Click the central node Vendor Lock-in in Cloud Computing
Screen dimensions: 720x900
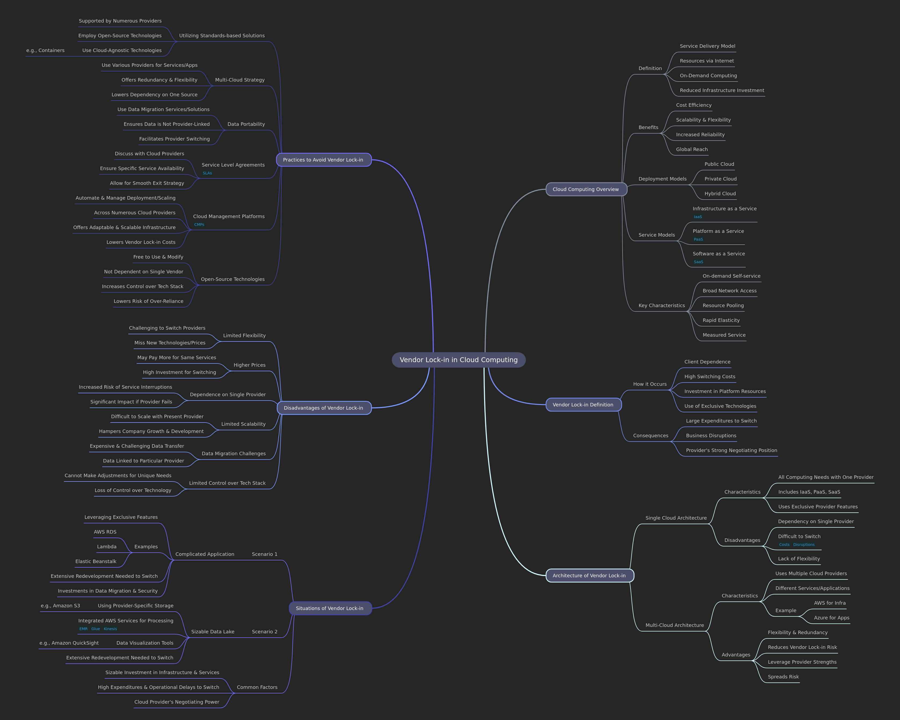tap(458, 360)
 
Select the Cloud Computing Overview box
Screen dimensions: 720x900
tap(586, 189)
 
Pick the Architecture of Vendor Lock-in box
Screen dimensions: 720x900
tap(589, 576)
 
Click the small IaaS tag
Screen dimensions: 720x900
tap(698, 217)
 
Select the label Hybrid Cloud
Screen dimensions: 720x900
tap(720, 194)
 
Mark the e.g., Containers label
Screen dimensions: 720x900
tap(46, 50)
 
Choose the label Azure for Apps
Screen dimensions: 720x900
tap(832, 618)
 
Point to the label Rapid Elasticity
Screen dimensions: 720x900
tap(721, 320)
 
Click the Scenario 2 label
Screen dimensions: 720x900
tap(264, 631)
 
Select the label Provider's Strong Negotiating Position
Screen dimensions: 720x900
tap(731, 450)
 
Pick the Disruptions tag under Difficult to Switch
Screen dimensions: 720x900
tap(804, 545)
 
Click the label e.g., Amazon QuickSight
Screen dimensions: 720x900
tap(69, 643)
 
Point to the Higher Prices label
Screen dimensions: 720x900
tap(249, 365)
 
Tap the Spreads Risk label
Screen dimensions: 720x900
tap(783, 677)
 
